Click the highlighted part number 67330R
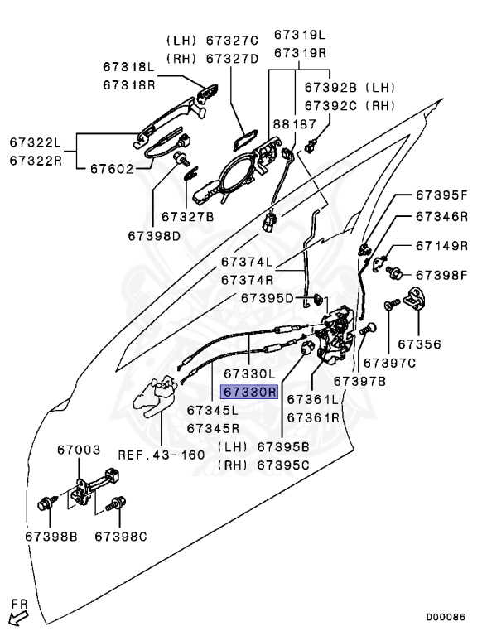[x=249, y=392]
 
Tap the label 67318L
[x=128, y=66]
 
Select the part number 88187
[x=294, y=123]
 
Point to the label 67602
[x=112, y=168]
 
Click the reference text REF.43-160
[x=162, y=455]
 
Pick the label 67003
[x=79, y=450]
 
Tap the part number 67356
[x=419, y=344]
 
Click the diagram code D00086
[x=446, y=617]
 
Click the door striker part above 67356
[x=417, y=298]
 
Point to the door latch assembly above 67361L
[x=335, y=335]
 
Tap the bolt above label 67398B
[x=45, y=503]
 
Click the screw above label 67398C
[x=116, y=503]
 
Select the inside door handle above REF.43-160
[x=156, y=397]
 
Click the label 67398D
[x=154, y=236]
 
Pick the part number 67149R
[x=442, y=245]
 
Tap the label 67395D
[x=267, y=298]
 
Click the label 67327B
[x=187, y=217]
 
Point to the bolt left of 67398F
[x=393, y=272]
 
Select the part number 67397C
[x=389, y=363]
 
